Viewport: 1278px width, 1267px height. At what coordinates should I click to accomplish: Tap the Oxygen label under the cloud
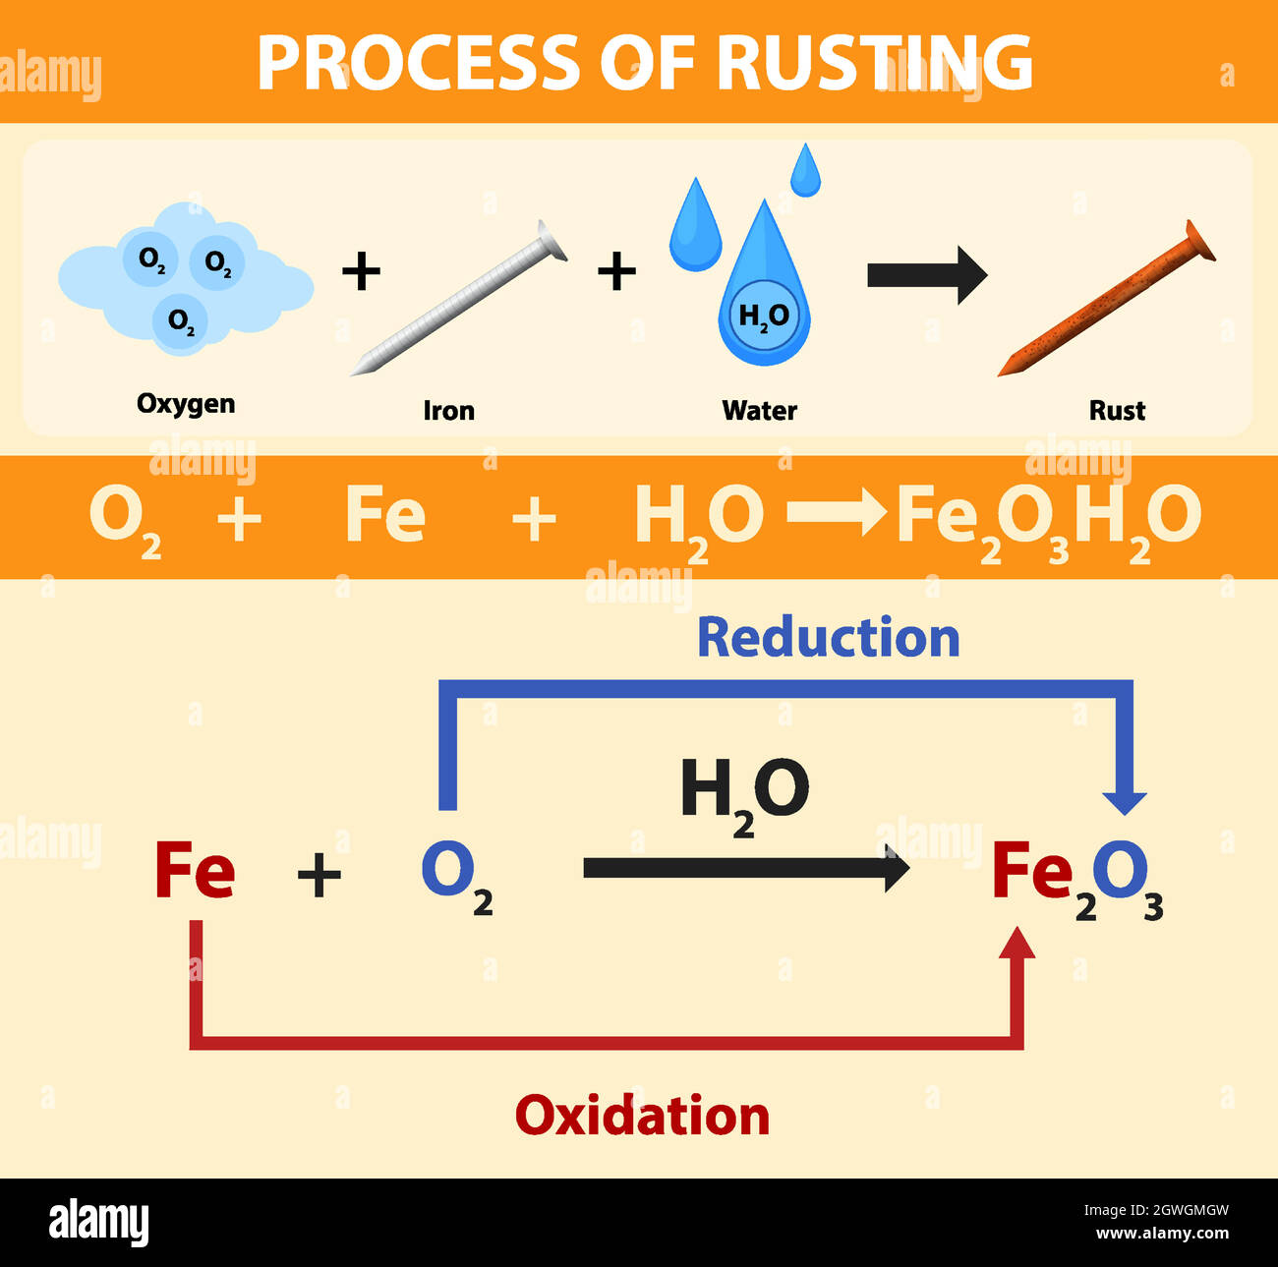[x=186, y=404]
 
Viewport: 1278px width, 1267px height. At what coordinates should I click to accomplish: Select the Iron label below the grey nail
[x=448, y=411]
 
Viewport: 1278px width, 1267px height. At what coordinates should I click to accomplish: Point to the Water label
[x=759, y=411]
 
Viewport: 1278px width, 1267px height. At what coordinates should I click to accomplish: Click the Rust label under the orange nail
[x=1117, y=411]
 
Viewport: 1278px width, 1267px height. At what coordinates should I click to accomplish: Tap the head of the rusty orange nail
[x=1199, y=240]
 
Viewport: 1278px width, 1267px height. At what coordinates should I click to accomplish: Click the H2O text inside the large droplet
[x=764, y=317]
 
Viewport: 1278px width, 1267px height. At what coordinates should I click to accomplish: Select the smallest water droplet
[x=805, y=171]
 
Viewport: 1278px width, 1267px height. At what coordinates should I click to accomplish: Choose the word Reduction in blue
[x=828, y=638]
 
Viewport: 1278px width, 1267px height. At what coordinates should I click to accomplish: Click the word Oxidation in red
[x=642, y=1117]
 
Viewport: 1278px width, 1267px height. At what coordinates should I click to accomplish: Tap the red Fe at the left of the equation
[x=195, y=871]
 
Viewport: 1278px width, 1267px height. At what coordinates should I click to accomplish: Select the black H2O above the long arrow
[x=744, y=792]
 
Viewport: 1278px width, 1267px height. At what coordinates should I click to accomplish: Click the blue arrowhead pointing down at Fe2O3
[x=1125, y=800]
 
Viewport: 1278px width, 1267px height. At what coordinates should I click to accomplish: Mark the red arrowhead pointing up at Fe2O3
[x=1017, y=944]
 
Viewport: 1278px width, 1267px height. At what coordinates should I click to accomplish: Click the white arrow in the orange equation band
[x=837, y=514]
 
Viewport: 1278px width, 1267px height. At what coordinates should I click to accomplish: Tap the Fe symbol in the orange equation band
[x=385, y=515]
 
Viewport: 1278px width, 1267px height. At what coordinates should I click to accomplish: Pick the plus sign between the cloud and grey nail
[x=361, y=271]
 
